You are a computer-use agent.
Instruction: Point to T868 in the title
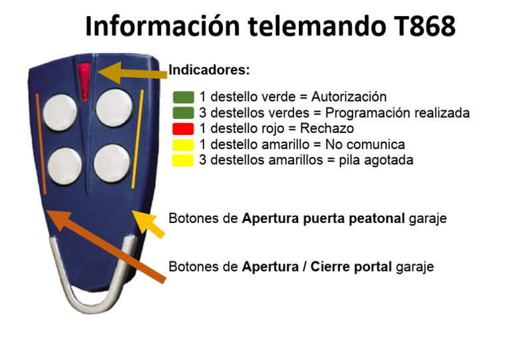tap(421, 27)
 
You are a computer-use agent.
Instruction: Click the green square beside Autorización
tap(183, 97)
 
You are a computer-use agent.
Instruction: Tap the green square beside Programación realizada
tap(183, 112)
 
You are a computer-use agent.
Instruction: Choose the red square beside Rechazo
tap(183, 128)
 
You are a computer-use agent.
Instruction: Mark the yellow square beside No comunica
tap(183, 144)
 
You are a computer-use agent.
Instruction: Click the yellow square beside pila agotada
tap(183, 160)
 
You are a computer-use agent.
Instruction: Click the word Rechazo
tap(327, 128)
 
